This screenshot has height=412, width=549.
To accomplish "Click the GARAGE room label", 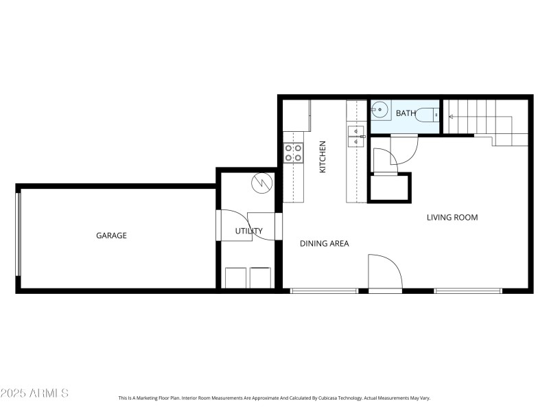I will point(111,236).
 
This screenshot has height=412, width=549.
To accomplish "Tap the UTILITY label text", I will point(248,231).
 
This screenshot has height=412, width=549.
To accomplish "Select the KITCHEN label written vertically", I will point(322,157).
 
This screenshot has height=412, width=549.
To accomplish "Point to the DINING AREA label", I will point(325,243).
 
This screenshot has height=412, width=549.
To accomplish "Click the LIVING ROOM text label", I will point(452,218).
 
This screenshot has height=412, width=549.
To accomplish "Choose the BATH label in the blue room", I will point(406,114).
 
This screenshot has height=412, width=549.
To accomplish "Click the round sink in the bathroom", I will point(381,110).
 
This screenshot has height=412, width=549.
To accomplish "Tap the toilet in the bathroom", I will point(429,115).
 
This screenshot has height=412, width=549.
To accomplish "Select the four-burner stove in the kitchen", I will point(294,152).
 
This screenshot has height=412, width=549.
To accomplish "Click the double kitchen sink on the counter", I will point(355,137).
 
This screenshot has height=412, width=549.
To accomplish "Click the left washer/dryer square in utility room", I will point(237,278).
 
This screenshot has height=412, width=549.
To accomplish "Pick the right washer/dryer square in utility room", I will point(261,278).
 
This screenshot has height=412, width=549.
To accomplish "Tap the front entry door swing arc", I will point(386,273).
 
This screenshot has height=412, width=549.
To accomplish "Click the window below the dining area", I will point(324,290).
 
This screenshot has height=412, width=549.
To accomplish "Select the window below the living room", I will point(468,290).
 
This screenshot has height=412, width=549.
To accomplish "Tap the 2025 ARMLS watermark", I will point(34,393).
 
